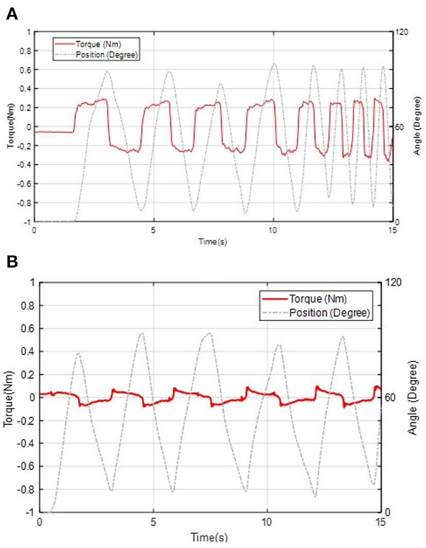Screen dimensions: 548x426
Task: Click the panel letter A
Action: [12, 14]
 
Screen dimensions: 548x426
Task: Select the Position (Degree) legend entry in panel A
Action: [106, 54]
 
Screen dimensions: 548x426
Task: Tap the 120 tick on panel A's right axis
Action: [401, 32]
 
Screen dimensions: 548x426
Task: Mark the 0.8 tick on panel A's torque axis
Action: [24, 51]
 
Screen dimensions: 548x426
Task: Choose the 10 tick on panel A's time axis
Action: [273, 230]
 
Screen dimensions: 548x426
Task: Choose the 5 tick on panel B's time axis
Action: [153, 522]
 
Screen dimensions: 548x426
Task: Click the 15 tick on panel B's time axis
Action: [380, 522]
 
